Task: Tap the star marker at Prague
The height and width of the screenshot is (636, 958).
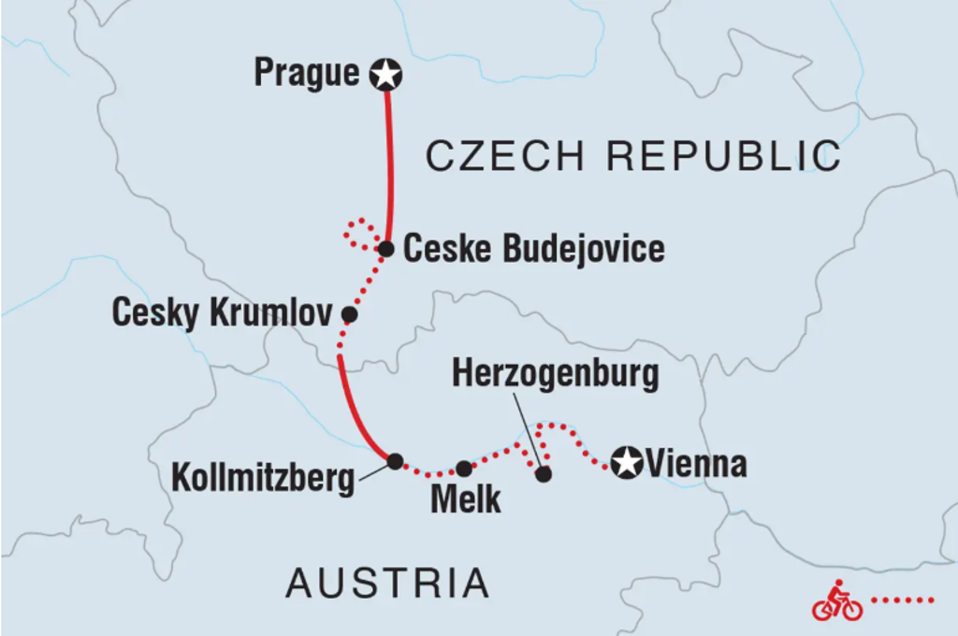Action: tap(385, 74)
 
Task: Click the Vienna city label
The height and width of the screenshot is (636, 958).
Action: tap(696, 463)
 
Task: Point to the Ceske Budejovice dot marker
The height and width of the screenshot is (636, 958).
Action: tap(385, 249)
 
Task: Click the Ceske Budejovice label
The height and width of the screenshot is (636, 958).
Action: tap(533, 249)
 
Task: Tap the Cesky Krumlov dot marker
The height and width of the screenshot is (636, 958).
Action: tap(349, 314)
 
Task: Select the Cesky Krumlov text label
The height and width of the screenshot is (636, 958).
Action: tap(222, 313)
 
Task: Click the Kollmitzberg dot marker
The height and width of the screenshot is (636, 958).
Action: tap(395, 460)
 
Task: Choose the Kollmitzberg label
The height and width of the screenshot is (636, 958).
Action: tap(263, 479)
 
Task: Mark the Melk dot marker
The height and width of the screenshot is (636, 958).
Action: tap(464, 468)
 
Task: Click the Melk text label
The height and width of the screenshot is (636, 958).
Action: tap(465, 499)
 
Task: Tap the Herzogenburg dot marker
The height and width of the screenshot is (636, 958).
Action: tap(544, 474)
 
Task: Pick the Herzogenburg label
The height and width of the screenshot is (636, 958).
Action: tap(555, 374)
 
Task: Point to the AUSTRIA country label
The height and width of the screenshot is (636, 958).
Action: tap(387, 583)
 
